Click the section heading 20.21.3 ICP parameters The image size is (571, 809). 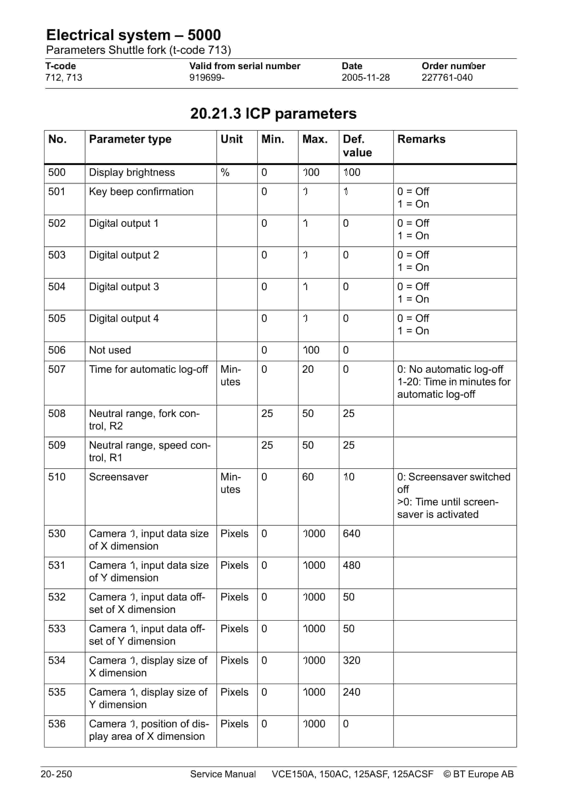click(x=273, y=113)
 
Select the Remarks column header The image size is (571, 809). click(x=421, y=139)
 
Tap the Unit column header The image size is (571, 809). click(x=231, y=139)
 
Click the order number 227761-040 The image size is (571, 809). click(x=447, y=78)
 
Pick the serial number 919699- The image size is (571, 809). click(x=207, y=78)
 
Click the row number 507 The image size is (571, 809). click(x=57, y=369)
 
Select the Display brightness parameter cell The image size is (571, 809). click(x=132, y=172)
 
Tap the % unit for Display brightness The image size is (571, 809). click(x=225, y=172)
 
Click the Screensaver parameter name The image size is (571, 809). click(x=118, y=477)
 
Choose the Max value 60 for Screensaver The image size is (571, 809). click(x=308, y=477)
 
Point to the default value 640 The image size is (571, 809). click(x=351, y=533)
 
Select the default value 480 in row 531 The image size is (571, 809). click(x=351, y=565)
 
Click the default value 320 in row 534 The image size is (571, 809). click(x=351, y=660)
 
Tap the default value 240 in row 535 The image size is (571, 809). click(x=351, y=692)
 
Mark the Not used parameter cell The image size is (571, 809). click(x=110, y=350)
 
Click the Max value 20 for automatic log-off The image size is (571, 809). click(x=308, y=369)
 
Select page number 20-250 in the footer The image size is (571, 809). click(x=56, y=774)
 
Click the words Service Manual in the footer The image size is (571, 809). click(x=223, y=774)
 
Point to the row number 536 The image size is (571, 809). click(x=57, y=724)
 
